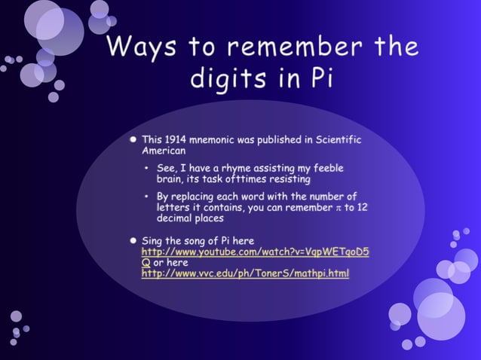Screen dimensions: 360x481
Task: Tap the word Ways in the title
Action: pyautogui.click(x=142, y=47)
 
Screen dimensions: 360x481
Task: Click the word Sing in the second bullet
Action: pyautogui.click(x=153, y=240)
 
